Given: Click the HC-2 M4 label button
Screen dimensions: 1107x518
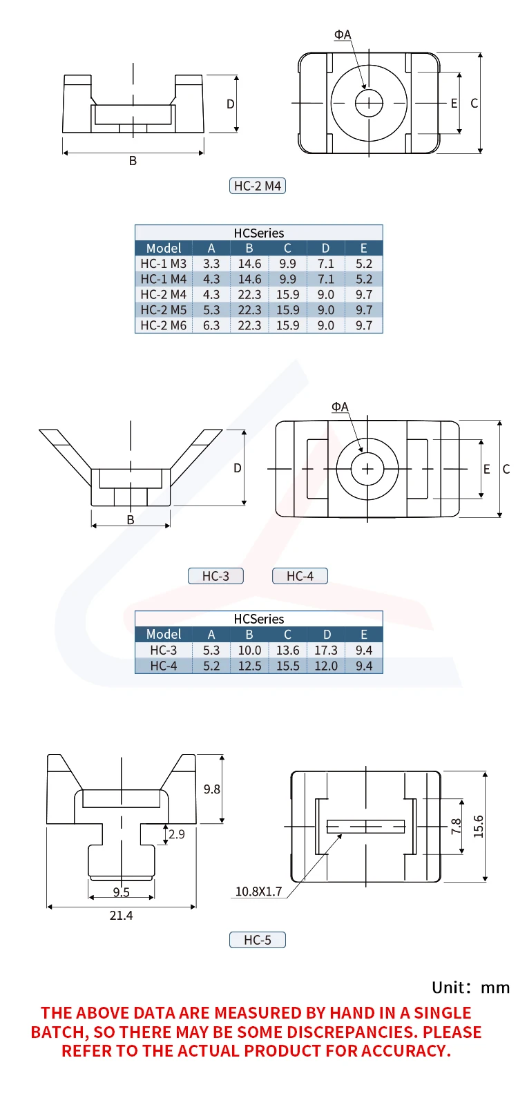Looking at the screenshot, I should click(x=257, y=186).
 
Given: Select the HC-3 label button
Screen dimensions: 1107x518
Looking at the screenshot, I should click(x=215, y=576).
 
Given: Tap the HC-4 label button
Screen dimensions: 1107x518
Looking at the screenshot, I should click(x=300, y=576).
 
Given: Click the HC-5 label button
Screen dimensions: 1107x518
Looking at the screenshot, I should click(x=257, y=940).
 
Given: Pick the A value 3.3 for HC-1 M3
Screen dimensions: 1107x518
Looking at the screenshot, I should click(x=211, y=264).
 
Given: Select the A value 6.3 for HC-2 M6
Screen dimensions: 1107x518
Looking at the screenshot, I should click(x=211, y=325).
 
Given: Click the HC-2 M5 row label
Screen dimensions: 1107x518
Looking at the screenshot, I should click(x=164, y=310).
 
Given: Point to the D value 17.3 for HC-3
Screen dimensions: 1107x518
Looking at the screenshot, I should click(x=326, y=651).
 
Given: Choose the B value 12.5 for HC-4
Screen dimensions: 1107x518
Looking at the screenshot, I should click(x=249, y=666).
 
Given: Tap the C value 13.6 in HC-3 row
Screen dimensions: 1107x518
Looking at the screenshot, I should click(x=287, y=651).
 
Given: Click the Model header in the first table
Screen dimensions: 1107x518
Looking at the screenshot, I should click(x=164, y=248).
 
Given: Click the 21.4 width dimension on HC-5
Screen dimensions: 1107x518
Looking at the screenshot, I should click(x=121, y=916).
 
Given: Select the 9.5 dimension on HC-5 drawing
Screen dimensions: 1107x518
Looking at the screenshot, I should click(x=121, y=892).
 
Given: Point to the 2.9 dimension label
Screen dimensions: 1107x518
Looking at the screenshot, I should click(x=177, y=834).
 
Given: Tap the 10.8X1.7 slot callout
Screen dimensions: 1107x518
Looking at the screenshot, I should click(x=258, y=892).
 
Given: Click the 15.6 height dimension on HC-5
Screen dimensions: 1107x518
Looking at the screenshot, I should click(x=479, y=827).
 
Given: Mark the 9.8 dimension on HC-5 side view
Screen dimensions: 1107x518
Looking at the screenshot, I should click(x=211, y=789).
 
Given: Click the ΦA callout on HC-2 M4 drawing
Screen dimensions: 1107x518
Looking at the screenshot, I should click(x=343, y=35).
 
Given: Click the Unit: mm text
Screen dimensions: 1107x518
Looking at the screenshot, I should click(x=470, y=988).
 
